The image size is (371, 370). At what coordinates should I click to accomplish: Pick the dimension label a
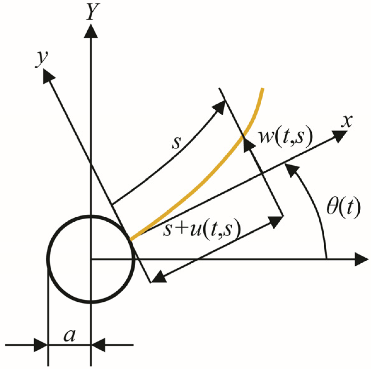click(x=69, y=336)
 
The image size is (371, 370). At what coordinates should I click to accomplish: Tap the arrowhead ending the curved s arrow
click(x=218, y=107)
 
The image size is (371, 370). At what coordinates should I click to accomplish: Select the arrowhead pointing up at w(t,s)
click(x=248, y=145)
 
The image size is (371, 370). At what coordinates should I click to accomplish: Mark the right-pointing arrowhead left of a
click(x=40, y=345)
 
